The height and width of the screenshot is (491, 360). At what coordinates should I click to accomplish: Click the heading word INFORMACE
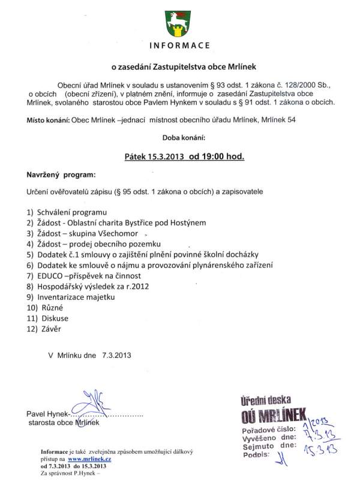pyautogui.click(x=179, y=46)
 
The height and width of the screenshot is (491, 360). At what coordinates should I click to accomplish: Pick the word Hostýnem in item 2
pyautogui.click(x=186, y=222)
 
